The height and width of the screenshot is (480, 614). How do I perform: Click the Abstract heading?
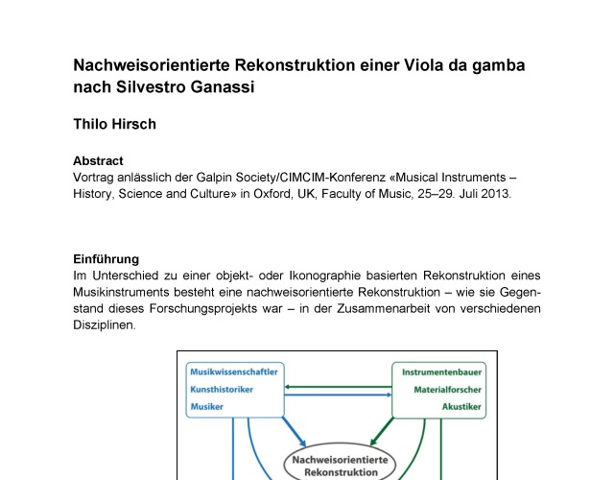point(99,161)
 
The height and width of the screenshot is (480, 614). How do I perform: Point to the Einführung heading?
point(106,258)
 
